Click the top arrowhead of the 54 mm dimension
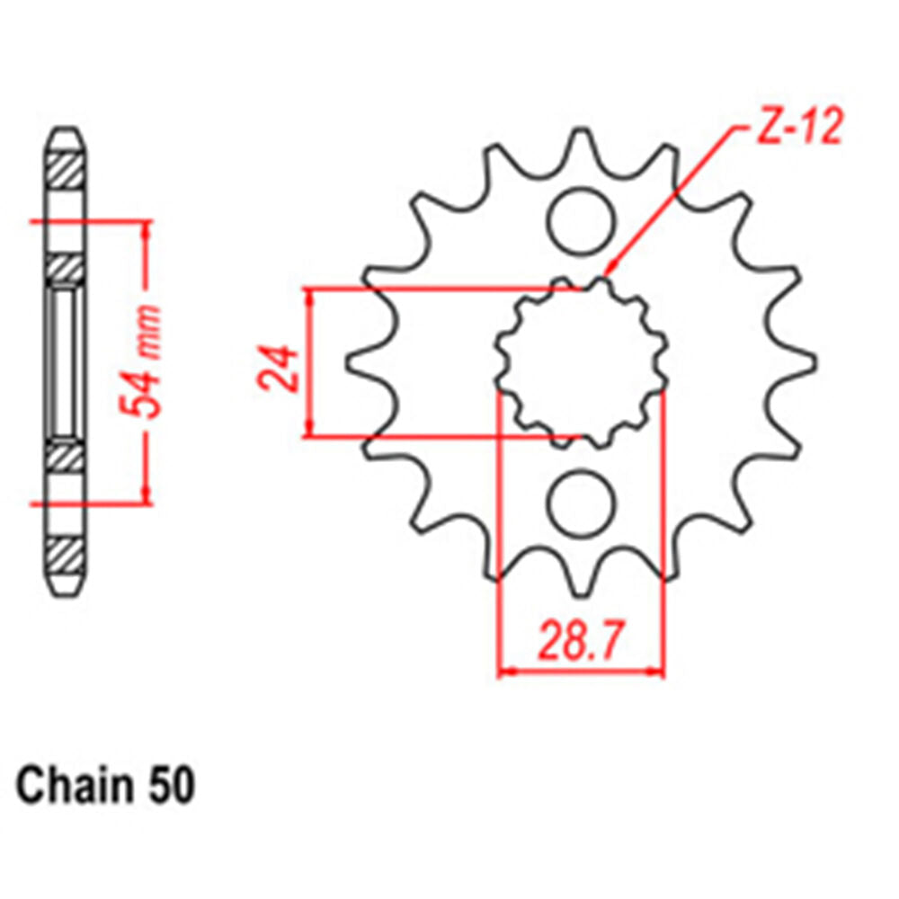pyautogui.click(x=145, y=224)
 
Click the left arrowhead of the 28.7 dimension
pyautogui.click(x=502, y=671)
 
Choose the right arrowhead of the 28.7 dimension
pyautogui.click(x=662, y=671)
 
